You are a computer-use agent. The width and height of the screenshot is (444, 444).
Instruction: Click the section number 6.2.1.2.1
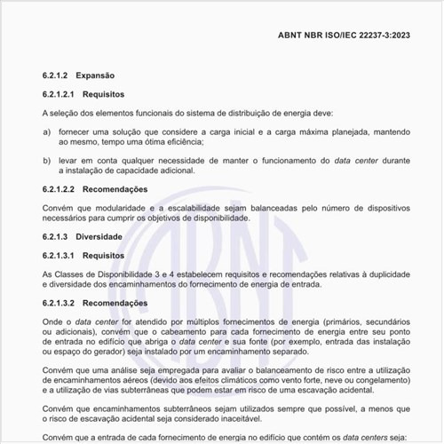coord(64,93)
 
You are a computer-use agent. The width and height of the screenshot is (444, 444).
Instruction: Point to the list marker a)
coord(46,131)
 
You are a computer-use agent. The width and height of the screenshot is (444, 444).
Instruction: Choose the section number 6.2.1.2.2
coord(64,189)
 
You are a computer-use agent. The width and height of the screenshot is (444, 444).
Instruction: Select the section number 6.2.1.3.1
coord(64,255)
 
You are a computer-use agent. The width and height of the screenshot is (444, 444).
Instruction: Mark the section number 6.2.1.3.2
coord(64,303)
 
